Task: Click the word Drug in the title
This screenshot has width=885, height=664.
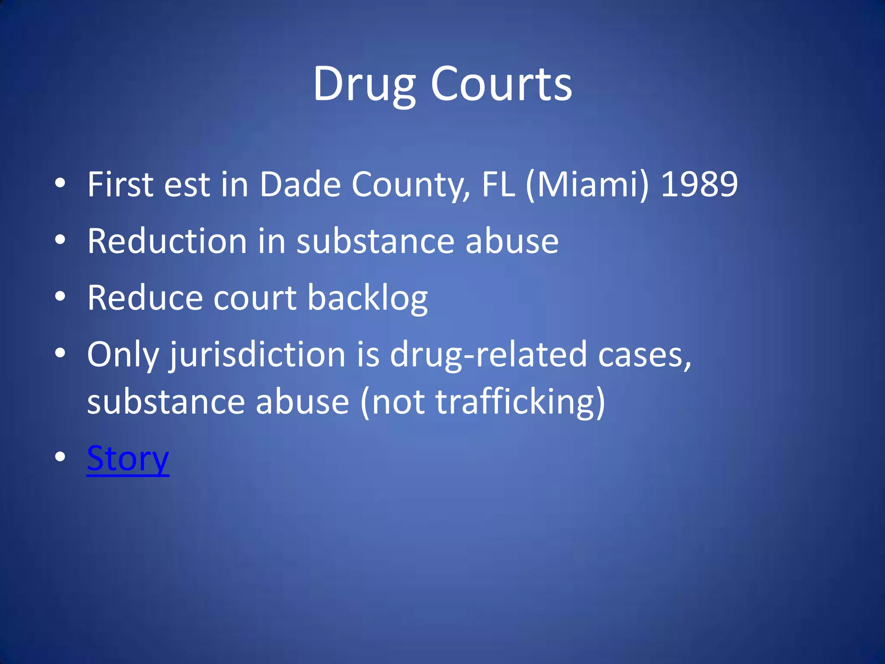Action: pyautogui.click(x=364, y=84)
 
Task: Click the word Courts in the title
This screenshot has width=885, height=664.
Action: pyautogui.click(x=501, y=84)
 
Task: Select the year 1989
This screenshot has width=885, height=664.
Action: pyautogui.click(x=699, y=185)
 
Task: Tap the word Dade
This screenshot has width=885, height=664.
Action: pyautogui.click(x=300, y=185)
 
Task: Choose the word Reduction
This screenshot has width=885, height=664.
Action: pyautogui.click(x=167, y=241)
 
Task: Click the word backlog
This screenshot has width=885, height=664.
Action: pyautogui.click(x=367, y=298)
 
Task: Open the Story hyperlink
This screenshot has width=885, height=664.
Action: pyautogui.click(x=128, y=458)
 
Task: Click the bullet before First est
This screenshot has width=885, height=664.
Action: pyautogui.click(x=60, y=183)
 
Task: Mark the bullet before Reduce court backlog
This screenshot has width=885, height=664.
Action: pyautogui.click(x=60, y=297)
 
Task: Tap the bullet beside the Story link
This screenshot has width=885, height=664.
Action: pyautogui.click(x=60, y=457)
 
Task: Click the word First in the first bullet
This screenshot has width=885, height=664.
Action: pyautogui.click(x=121, y=185)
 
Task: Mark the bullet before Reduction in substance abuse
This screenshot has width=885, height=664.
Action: pyautogui.click(x=60, y=240)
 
